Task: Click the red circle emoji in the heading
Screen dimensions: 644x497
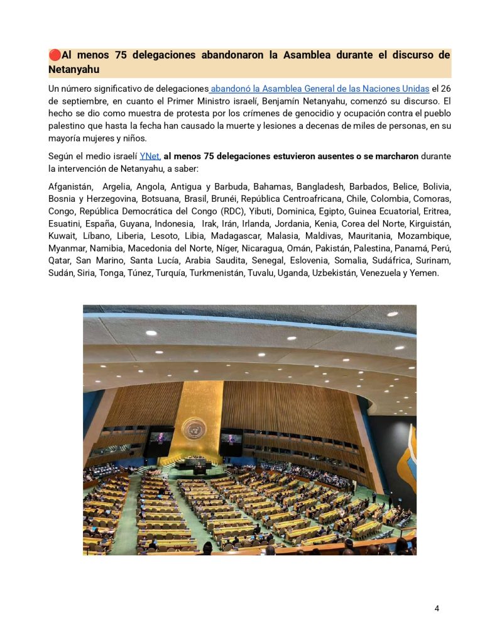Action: (x=55, y=55)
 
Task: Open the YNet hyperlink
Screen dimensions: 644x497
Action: (x=150, y=156)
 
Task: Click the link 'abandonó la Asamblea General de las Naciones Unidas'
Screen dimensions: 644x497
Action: (x=320, y=88)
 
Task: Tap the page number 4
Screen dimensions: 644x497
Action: (x=437, y=608)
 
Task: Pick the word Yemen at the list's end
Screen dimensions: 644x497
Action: (x=424, y=273)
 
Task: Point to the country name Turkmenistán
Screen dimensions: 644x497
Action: (x=215, y=273)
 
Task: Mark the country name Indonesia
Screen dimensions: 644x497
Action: (x=173, y=224)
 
